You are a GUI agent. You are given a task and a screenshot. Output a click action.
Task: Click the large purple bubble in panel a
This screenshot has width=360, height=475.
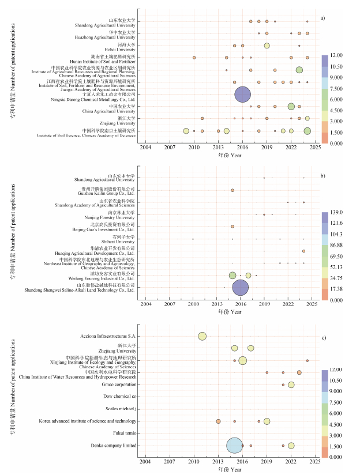[243, 95]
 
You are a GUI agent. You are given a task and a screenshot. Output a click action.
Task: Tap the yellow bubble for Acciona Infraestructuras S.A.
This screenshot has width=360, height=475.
[202, 336]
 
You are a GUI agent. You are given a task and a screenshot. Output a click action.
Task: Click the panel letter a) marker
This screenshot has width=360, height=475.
[322, 18]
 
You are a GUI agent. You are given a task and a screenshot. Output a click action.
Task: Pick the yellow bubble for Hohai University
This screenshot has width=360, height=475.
[267, 46]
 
